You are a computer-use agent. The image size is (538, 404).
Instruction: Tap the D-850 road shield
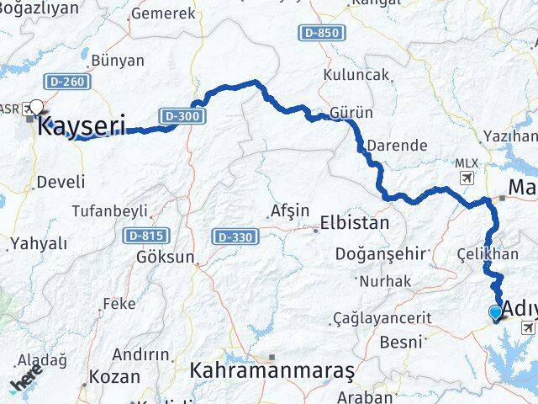(320, 33)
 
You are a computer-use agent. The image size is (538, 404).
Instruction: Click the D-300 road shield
(182, 115)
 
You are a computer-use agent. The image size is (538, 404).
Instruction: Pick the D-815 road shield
(145, 237)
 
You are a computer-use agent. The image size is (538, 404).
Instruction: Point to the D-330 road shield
(232, 237)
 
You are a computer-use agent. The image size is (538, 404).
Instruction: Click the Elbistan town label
(354, 224)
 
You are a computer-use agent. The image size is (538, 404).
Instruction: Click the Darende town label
(398, 146)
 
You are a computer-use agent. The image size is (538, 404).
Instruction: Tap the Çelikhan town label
(488, 254)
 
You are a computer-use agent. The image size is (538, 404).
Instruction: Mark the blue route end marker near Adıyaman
(495, 313)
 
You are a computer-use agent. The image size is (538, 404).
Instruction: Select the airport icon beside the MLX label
(467, 178)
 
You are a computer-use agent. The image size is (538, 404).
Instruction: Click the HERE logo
(28, 381)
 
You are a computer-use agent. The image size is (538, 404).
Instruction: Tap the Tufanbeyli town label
(110, 210)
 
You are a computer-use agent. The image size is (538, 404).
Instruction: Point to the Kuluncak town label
(360, 75)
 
